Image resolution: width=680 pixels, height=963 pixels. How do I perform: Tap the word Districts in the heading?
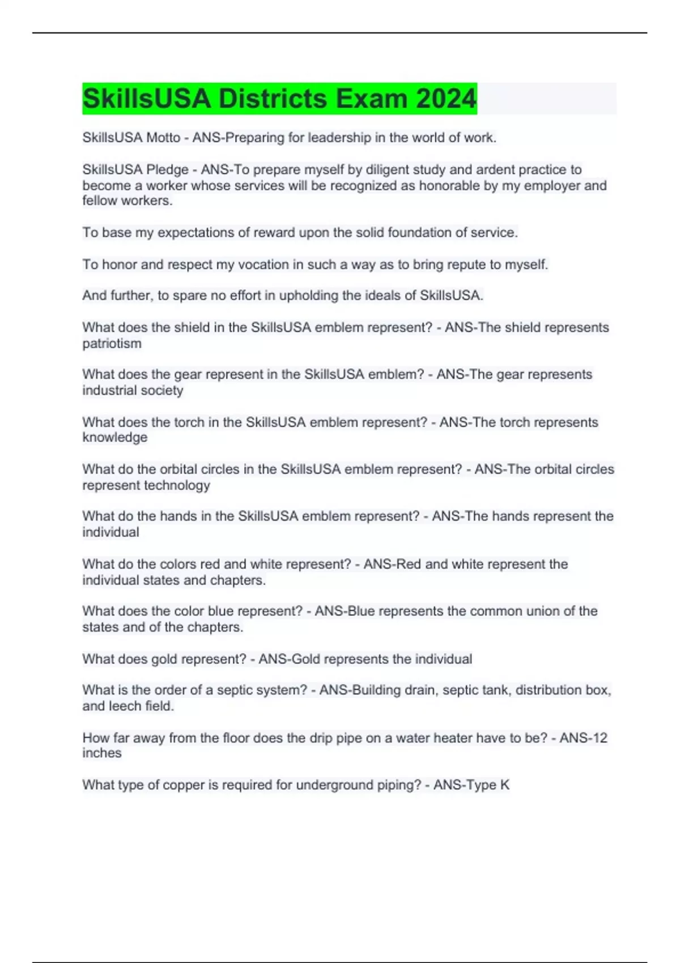pos(272,99)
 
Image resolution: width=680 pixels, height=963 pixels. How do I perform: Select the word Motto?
pos(163,138)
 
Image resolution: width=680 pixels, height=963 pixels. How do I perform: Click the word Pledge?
pos(167,169)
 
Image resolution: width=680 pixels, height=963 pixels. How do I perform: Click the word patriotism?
pos(112,343)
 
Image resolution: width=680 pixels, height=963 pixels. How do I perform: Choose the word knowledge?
pos(115,437)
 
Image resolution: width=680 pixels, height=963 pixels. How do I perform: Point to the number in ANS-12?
pos(600,738)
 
